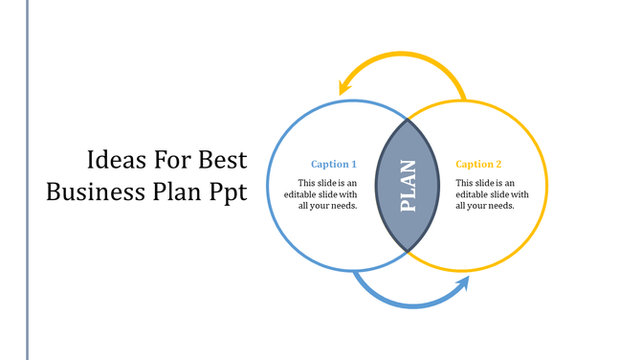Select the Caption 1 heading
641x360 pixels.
[334, 165]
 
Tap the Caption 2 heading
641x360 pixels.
[478, 165]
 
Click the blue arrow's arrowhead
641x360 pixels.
[464, 284]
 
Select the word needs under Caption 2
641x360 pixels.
[500, 206]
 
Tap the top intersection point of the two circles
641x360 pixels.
[409, 120]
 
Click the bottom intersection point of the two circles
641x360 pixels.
[409, 251]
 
